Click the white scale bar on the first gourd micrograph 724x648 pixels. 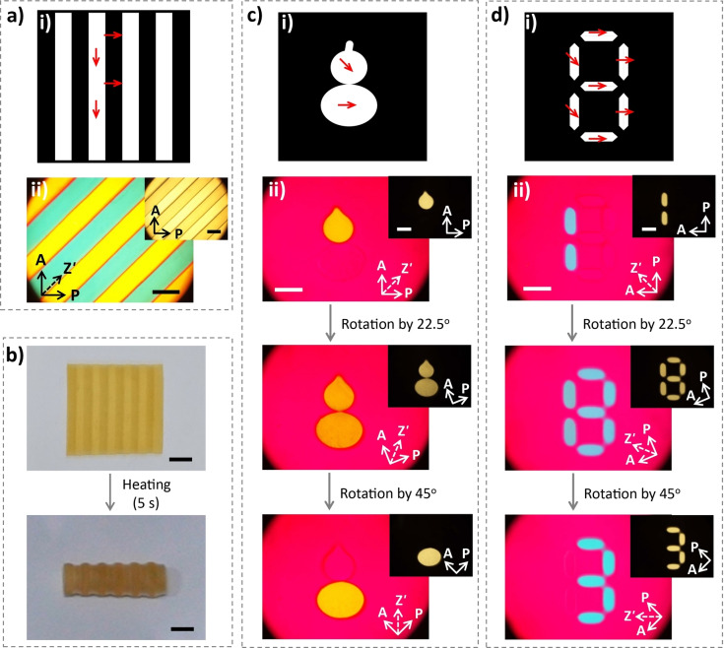[289, 290]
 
